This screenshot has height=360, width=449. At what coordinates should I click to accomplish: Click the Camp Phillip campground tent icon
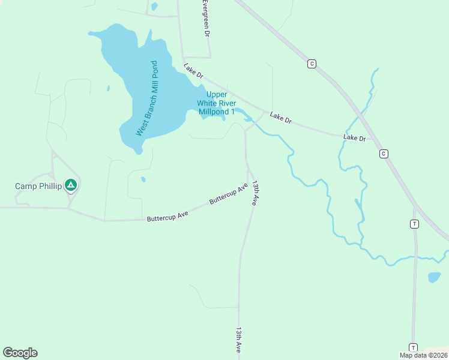71,185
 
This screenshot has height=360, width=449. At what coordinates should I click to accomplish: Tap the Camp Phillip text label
38,186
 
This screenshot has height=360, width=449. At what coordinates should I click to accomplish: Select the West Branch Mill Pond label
146,98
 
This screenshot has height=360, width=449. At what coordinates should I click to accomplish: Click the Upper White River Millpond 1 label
217,103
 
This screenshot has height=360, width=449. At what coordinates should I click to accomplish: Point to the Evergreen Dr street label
205,20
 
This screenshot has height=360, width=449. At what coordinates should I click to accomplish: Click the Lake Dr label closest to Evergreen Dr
194,71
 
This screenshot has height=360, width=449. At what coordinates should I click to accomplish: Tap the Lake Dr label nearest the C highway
354,138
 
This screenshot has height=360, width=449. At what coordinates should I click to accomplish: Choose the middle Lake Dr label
280,118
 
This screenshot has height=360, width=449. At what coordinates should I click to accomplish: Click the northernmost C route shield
311,64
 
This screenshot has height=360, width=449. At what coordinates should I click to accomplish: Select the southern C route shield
383,154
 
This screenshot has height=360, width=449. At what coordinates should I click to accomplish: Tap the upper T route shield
414,224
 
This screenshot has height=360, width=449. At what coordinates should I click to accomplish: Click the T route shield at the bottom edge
413,347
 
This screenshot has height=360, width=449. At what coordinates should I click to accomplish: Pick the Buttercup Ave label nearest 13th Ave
229,194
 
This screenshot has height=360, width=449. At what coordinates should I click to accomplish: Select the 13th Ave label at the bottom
238,340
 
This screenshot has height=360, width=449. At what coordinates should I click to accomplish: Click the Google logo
20,353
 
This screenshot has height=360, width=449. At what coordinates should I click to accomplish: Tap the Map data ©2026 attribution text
423,355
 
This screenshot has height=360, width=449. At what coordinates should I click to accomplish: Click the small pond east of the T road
434,277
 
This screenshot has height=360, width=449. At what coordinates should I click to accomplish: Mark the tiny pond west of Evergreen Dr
154,7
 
